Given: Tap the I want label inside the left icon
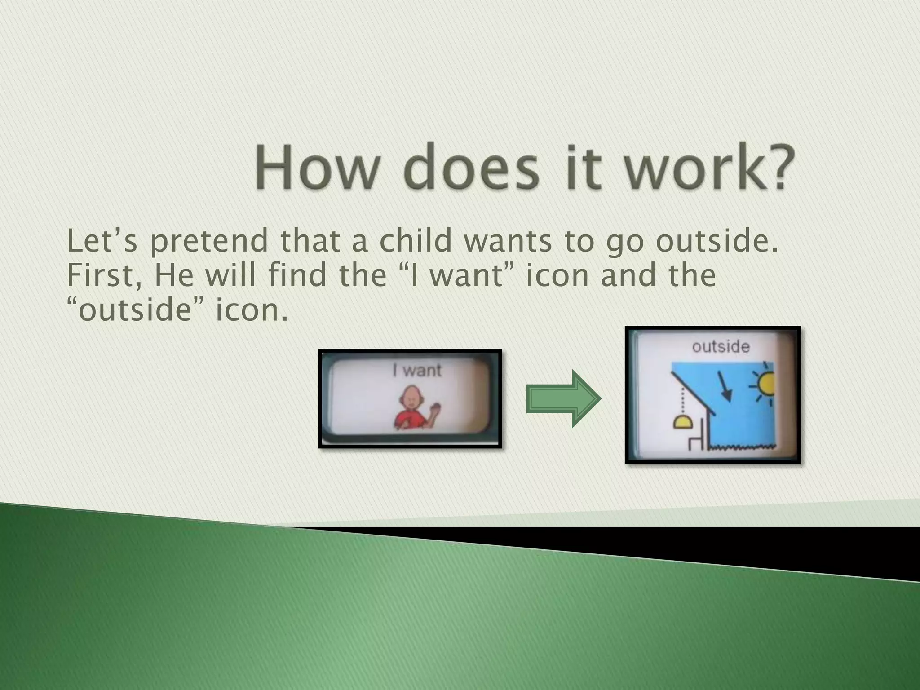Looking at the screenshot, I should (x=417, y=370).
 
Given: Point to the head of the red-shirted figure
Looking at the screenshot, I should (x=411, y=395).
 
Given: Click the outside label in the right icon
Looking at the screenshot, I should (x=721, y=347).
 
